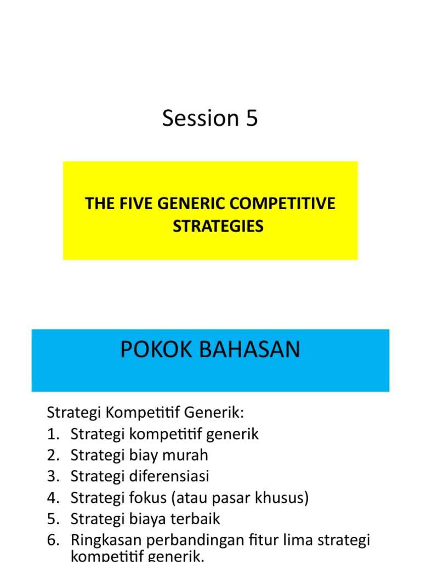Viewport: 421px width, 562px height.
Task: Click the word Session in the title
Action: click(192, 119)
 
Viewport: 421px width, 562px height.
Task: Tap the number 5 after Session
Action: click(252, 119)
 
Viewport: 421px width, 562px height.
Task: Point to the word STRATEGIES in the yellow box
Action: click(218, 226)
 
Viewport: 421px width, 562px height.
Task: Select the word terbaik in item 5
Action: click(196, 519)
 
